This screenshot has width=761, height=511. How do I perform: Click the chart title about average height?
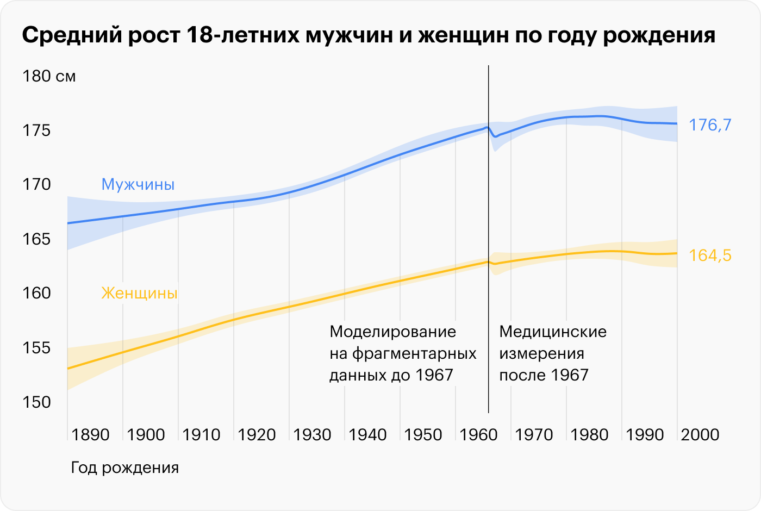point(369,35)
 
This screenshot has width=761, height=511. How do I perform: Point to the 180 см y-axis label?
point(49,76)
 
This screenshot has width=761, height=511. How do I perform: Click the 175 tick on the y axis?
point(36,130)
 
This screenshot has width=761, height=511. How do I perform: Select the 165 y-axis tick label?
point(36,239)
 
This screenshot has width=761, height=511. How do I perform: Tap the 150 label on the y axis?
point(36,402)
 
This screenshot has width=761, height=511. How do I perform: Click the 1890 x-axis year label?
point(90,435)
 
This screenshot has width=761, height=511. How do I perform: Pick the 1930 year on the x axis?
point(312,435)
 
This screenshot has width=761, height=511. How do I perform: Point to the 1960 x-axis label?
point(478,435)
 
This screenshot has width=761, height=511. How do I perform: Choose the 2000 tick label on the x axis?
point(700,435)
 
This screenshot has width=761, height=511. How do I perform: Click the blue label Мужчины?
point(138,185)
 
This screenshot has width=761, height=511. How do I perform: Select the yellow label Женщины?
point(140,294)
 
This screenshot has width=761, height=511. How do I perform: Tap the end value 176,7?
point(710,125)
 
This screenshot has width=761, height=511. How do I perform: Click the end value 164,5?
point(710,255)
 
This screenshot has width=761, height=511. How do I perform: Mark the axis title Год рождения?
point(125,468)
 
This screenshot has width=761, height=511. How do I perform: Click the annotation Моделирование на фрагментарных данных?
point(402,353)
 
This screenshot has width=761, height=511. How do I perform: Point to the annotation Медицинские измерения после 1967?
point(552,353)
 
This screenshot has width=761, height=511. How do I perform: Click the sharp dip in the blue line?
point(495,136)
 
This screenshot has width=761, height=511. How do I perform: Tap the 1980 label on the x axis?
point(589,435)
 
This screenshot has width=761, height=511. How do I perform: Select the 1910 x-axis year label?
point(201,435)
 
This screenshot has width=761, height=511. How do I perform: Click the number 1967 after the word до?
point(434,375)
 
